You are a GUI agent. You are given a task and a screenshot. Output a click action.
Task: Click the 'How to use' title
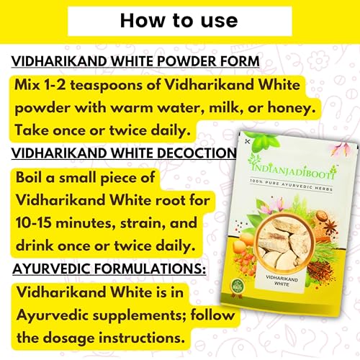[179, 21]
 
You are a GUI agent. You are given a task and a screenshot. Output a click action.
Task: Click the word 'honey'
[291, 108]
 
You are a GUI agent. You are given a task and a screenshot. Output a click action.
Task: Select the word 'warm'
[132, 108]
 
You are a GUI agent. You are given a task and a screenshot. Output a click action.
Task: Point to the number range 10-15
[33, 222]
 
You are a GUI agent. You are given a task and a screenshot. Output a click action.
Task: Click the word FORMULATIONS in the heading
[150, 269]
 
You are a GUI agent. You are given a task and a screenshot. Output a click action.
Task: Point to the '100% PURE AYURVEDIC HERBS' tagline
[291, 185]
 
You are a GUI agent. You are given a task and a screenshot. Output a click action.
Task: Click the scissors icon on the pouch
[247, 142]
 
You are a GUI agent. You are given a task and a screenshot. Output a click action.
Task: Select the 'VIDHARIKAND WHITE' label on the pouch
[282, 281]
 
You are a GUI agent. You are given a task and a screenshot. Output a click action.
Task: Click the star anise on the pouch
[330, 227]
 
